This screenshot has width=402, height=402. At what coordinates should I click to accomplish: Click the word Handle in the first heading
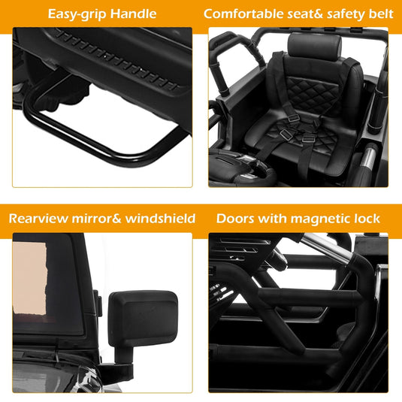[x=133, y=14]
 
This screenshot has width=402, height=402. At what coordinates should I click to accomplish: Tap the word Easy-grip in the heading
[x=77, y=14]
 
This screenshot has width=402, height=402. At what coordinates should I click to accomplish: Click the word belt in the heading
[x=381, y=14]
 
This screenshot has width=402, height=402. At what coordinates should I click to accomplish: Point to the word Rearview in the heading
[x=38, y=219]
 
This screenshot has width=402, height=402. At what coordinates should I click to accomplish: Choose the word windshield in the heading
[x=160, y=219]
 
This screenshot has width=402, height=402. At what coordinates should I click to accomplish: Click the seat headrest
[x=315, y=47]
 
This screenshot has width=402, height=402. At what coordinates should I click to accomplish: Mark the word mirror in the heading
[x=92, y=219]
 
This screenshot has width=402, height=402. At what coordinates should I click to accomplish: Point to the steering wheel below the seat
[x=242, y=168]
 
